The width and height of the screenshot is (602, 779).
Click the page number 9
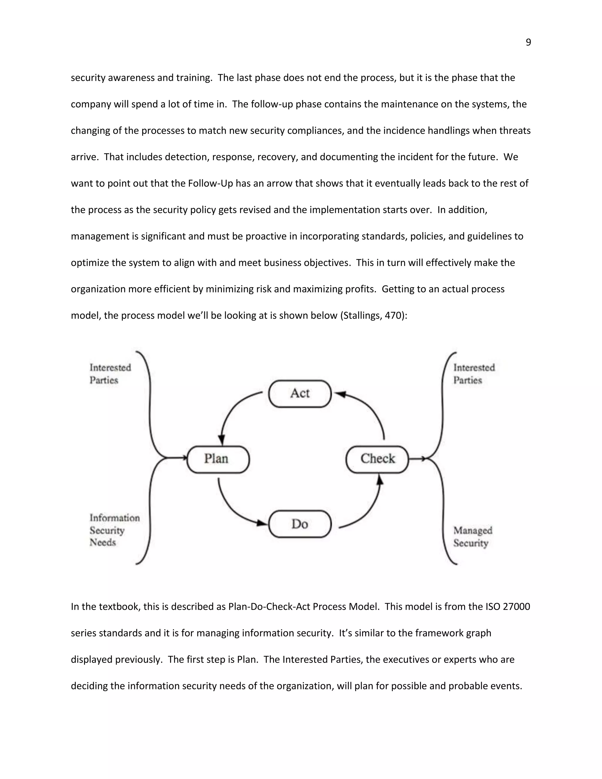(x=528, y=42)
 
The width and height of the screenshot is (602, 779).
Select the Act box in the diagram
(x=300, y=393)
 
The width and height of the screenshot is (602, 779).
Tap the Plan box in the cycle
(x=218, y=459)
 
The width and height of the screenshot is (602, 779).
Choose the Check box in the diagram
(x=377, y=459)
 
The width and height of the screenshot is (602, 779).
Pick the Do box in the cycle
(x=300, y=524)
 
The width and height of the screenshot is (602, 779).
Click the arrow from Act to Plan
(x=234, y=410)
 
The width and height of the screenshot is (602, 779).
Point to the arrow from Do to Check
(x=367, y=510)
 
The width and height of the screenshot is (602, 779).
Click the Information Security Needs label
(x=114, y=530)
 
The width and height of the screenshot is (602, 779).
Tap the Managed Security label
(x=473, y=536)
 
